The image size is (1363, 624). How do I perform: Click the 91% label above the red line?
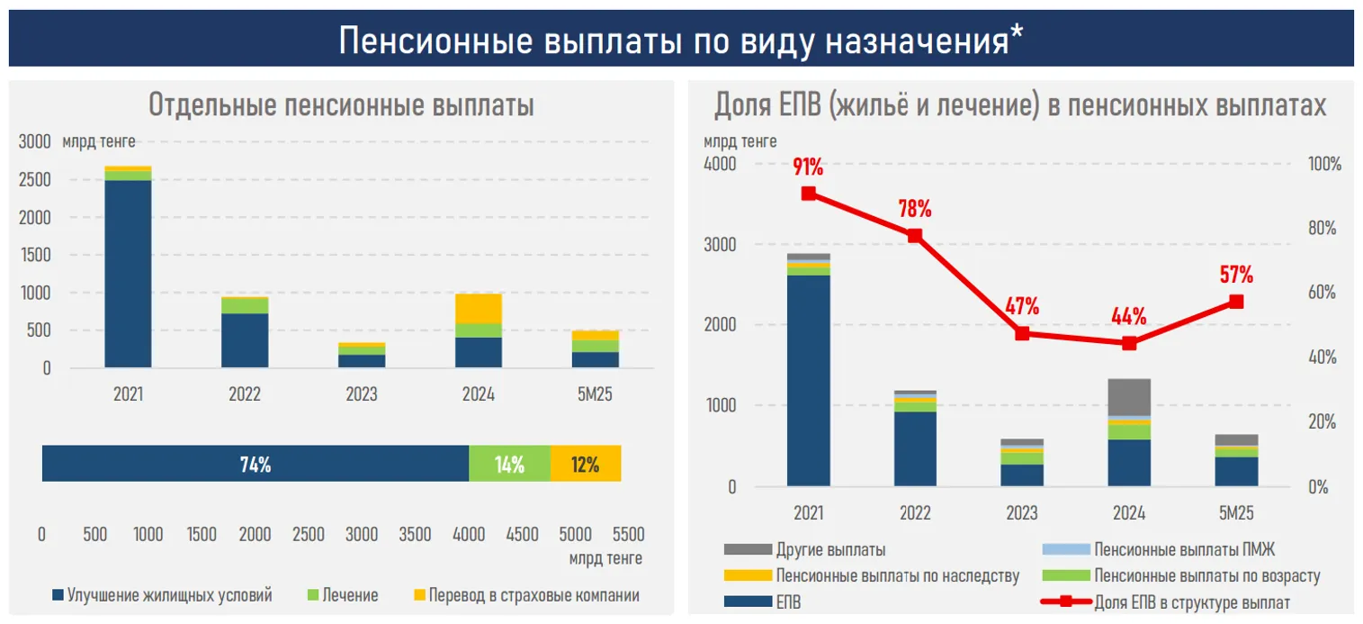pos(808,167)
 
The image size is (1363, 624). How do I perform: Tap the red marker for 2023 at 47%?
pos(1022,333)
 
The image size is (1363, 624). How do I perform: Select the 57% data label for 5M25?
pos(1236,275)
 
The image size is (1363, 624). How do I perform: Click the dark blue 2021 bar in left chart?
pos(128,274)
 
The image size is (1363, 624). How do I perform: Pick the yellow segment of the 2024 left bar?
pos(479,309)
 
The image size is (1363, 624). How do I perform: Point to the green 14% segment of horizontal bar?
pos(509,465)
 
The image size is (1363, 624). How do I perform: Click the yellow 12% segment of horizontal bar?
pos(585,465)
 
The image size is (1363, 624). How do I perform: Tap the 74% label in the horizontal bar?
pos(256,465)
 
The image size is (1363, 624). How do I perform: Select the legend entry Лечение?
pos(350,595)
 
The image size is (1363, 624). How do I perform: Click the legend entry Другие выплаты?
pos(829,549)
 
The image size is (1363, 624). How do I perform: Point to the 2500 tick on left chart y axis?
pos(34,180)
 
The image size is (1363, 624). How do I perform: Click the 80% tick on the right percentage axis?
pos(1323,229)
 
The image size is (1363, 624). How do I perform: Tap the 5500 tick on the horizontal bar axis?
pos(627,534)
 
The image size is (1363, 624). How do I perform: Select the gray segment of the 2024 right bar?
pos(1129,397)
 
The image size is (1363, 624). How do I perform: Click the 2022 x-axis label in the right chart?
pos(915,513)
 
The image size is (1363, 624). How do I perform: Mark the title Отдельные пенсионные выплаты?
pos(341,105)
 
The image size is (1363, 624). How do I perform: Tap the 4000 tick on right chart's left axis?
pos(718,165)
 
